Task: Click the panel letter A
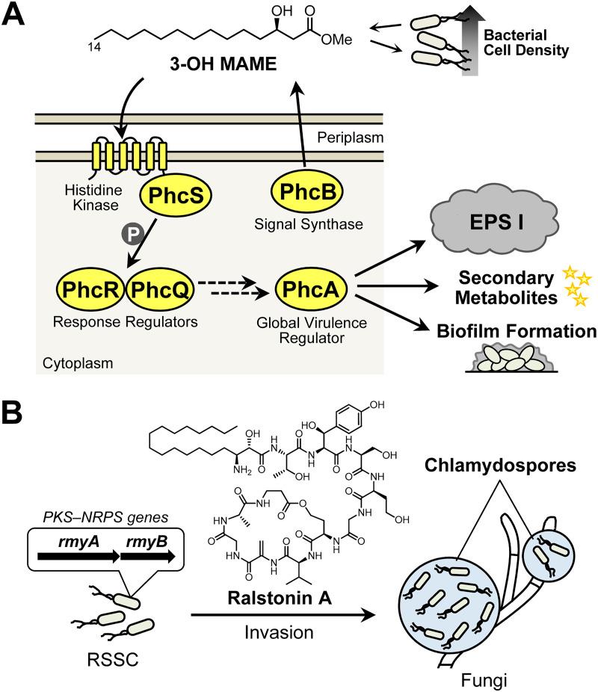pyautogui.click(x=16, y=16)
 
